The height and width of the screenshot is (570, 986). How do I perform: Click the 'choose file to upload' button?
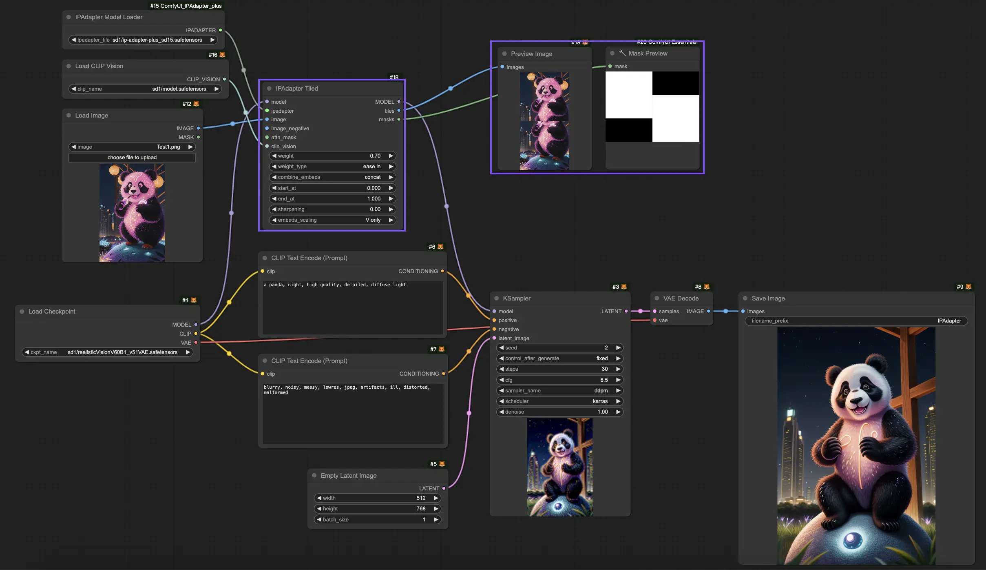coord(132,158)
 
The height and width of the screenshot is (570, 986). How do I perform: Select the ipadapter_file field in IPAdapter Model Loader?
coord(143,40)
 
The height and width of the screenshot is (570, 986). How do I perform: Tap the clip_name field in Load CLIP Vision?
coord(145,89)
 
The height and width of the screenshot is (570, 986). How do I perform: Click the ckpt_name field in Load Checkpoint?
coord(107,352)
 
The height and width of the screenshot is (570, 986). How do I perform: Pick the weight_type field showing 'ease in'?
coord(332,167)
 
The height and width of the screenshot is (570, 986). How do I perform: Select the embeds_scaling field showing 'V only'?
coord(332,220)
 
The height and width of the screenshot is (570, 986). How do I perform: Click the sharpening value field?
coord(332,209)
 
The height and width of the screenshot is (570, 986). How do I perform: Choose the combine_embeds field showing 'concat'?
coord(332,177)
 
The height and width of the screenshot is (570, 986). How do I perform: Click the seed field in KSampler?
coord(559,348)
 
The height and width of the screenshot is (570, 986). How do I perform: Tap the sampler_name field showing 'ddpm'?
coord(559,391)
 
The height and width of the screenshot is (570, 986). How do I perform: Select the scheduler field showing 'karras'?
coord(559,401)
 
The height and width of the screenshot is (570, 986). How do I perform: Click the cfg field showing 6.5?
coord(559,380)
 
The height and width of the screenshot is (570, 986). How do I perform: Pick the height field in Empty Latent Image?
coord(377,509)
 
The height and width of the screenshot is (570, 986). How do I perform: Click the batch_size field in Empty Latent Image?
coord(377,520)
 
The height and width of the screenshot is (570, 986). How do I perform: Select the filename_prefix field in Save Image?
coord(856,321)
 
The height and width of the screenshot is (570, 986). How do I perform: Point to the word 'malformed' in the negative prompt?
coord(276,393)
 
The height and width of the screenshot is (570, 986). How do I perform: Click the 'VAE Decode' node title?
coord(681,298)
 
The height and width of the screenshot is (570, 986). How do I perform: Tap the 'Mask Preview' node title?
coord(648,53)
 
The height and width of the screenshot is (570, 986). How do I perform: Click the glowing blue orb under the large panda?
coord(852,540)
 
